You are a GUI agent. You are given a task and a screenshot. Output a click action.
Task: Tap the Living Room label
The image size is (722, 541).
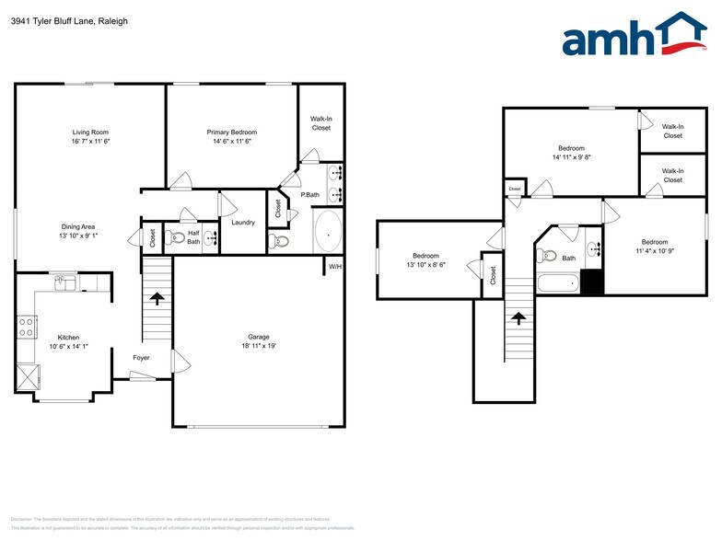[x=90, y=132]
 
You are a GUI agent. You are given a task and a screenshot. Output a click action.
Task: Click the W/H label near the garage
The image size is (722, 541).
[x=335, y=268]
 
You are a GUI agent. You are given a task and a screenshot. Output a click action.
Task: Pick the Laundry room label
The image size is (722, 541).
[x=243, y=222]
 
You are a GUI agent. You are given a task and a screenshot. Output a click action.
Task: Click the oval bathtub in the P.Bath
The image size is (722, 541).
[x=327, y=231]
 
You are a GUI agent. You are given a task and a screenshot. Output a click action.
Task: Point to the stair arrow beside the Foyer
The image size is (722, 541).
[x=157, y=298]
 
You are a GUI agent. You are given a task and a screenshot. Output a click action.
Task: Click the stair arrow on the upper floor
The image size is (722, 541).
[x=518, y=318]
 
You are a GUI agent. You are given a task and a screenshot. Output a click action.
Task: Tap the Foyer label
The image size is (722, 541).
[x=141, y=357]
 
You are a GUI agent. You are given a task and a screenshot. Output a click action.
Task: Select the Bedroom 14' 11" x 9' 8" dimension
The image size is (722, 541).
[x=571, y=157]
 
